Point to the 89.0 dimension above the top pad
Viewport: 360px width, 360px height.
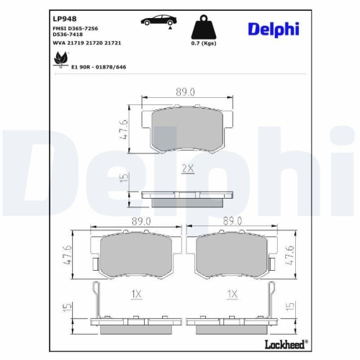186,92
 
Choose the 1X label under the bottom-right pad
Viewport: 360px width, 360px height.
233,294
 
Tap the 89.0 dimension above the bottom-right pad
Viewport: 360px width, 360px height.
233,222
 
